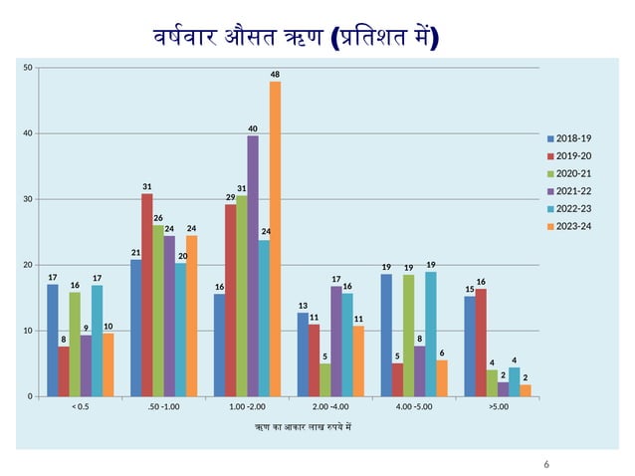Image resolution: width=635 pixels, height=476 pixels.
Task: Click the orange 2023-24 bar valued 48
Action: click(x=275, y=239)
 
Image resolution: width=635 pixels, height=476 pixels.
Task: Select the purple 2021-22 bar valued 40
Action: click(x=253, y=266)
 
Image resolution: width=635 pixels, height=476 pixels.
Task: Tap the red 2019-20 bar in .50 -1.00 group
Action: click(x=147, y=295)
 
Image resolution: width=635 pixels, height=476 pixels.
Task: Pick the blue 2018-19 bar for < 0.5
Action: click(x=53, y=341)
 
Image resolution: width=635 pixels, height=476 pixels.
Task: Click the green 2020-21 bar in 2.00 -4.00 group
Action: click(x=325, y=380)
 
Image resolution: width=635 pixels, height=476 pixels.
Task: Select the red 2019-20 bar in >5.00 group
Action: click(x=481, y=344)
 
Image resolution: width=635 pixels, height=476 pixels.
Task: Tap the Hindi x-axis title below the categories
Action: click(x=304, y=427)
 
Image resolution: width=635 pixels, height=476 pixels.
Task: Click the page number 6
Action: click(x=546, y=464)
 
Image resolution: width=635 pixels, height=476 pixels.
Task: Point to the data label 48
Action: click(x=275, y=75)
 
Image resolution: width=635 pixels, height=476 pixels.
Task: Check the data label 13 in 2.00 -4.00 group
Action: click(x=303, y=306)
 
